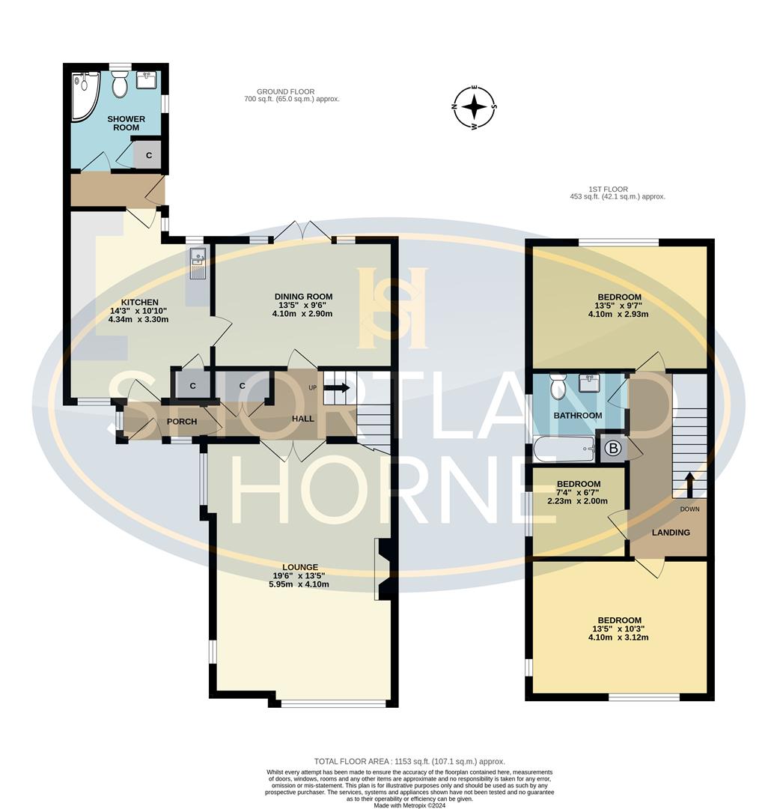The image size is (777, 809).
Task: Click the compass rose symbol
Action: tap(474, 107)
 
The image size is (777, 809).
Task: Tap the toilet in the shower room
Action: tap(119, 86)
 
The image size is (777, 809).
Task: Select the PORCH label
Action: tap(181, 422)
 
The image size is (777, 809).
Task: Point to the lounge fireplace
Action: tap(383, 569)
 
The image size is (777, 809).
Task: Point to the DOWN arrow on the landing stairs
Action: tap(689, 485)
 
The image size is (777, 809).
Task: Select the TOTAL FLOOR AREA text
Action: tap(409, 761)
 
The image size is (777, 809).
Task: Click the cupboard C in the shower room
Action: tap(149, 155)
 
